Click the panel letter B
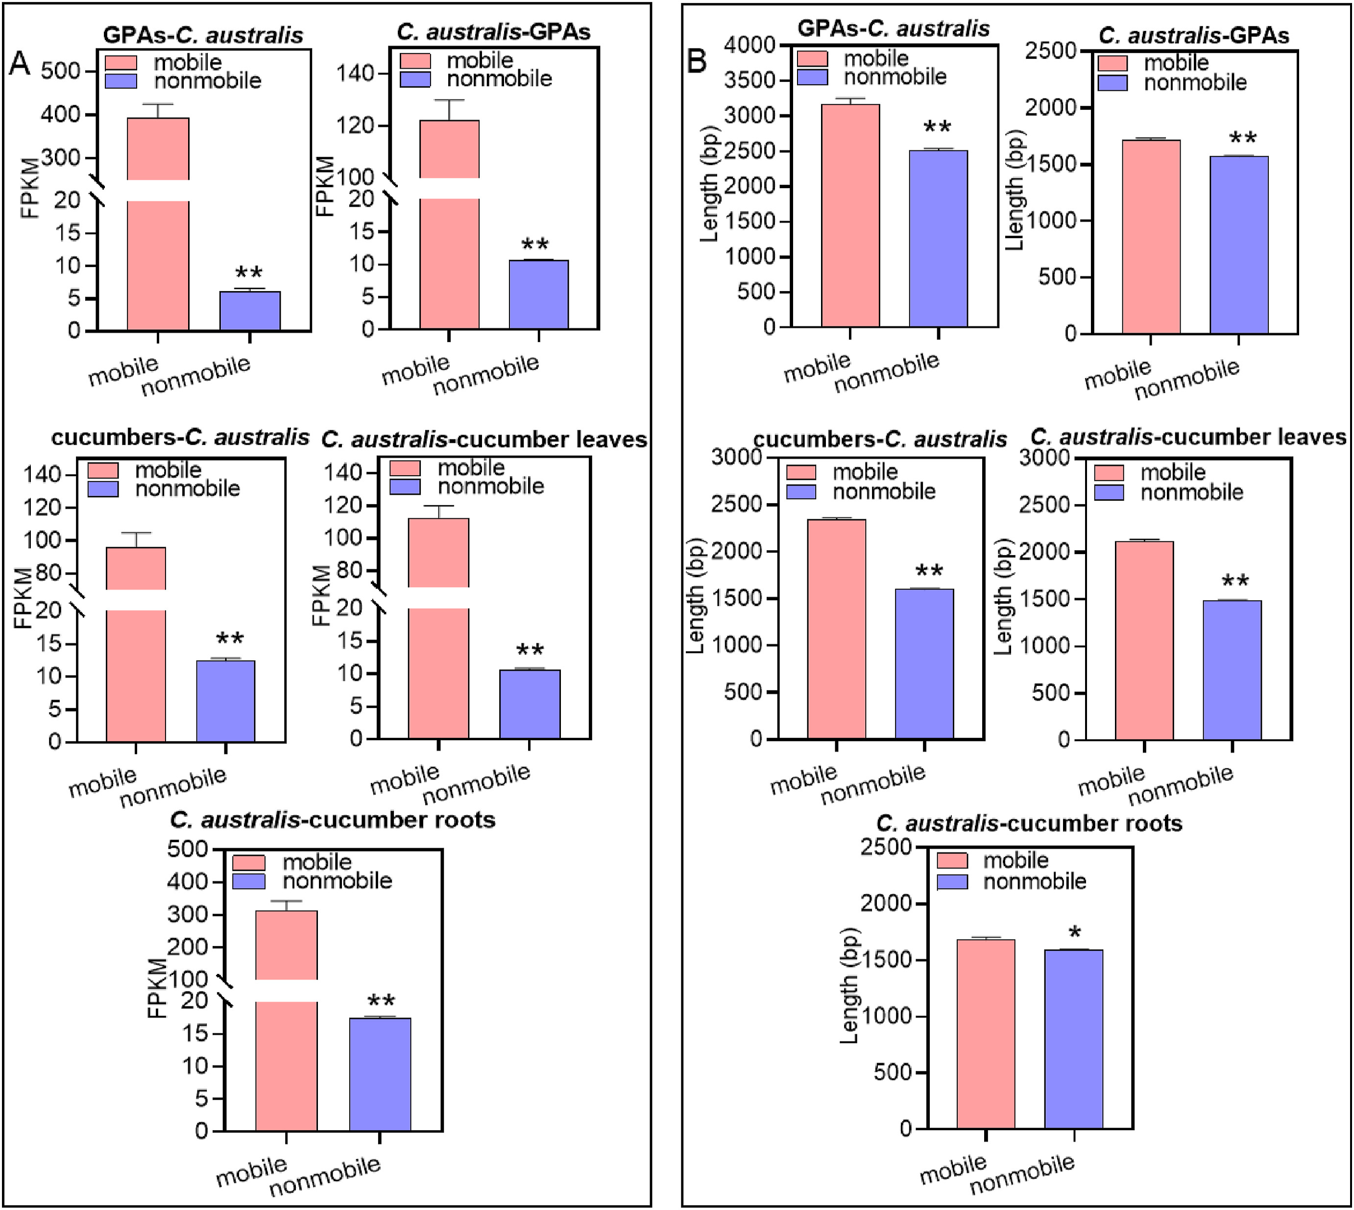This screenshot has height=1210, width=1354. (696, 62)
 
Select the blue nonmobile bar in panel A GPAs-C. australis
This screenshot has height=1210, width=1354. (250, 311)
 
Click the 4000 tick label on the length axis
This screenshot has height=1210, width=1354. (750, 45)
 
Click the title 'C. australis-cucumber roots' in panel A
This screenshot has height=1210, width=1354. (332, 820)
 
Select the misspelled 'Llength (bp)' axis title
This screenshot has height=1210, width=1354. (1015, 190)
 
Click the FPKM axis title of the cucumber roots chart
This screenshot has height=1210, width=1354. (156, 988)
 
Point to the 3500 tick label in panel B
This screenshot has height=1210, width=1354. (750, 80)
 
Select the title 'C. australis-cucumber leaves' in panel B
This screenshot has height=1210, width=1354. (1188, 437)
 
